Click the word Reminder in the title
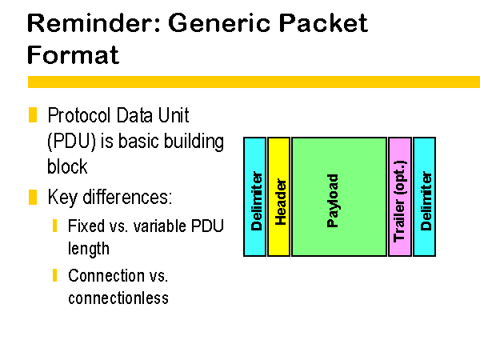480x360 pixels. pos(94,23)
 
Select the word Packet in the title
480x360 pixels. pos(323,23)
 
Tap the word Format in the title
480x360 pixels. pos(73,54)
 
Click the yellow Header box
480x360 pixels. pos(278,197)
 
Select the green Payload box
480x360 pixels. pos(339,197)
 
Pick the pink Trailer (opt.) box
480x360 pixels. pos(400,197)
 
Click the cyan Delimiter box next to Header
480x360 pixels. pos(254,197)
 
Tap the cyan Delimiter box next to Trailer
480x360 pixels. pos(424,197)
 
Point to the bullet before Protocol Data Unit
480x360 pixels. pos(33,114)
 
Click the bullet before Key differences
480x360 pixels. pos(33,197)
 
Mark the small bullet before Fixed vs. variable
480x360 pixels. pos(54,226)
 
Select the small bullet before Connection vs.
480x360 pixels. pos(54,275)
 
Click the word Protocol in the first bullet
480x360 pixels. pos(79,115)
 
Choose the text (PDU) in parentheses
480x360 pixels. pos(72,142)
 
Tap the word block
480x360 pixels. pos(67,166)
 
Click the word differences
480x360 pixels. pos(127,197)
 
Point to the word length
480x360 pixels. pos(89,249)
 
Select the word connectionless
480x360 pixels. pos(118,298)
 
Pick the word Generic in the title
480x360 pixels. pos(219,23)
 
